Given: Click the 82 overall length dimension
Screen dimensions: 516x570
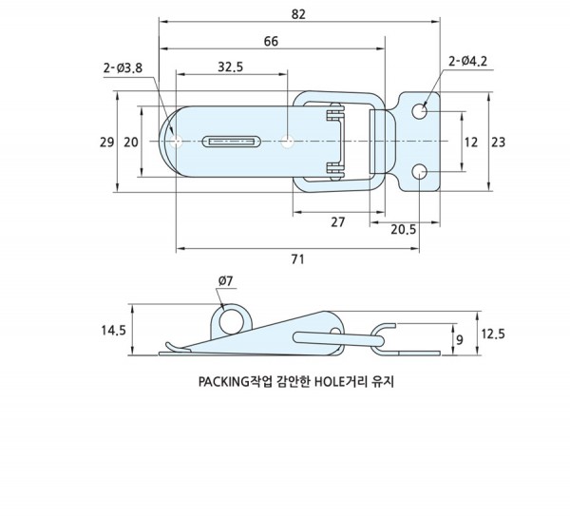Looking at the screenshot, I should point(300,13).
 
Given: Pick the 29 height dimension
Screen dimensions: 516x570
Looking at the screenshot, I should point(105,142).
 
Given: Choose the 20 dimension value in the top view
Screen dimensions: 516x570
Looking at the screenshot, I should point(131,142).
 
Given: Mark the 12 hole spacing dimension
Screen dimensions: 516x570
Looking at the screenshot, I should point(470,142).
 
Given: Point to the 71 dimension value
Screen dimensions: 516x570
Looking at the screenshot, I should point(296,259).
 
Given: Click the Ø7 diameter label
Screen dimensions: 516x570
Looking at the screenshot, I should point(227,281).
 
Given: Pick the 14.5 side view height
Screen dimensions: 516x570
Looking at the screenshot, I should point(113,330).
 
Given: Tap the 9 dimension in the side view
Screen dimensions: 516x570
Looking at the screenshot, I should point(461,338).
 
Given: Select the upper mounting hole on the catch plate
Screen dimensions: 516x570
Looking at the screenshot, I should point(420,113).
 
